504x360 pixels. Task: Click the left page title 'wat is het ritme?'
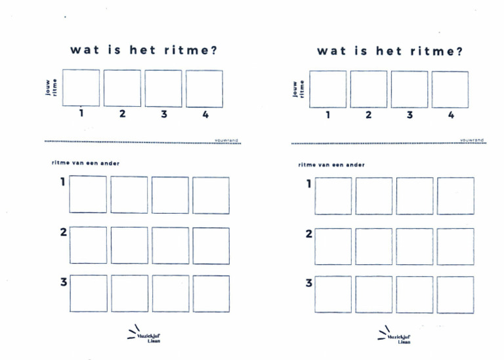[143, 50]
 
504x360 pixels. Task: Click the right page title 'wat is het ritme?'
[390, 51]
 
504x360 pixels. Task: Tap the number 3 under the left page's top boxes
[164, 114]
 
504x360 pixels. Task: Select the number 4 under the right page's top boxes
[451, 115]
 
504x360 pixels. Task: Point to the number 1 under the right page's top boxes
[327, 115]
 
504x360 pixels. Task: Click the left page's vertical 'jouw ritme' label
[51, 88]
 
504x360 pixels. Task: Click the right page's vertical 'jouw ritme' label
[298, 89]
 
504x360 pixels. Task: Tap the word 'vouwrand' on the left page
[226, 140]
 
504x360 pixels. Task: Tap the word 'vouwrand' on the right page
[472, 140]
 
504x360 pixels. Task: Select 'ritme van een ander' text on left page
[86, 163]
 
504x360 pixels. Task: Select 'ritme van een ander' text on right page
[331, 165]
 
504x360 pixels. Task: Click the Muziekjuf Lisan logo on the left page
[144, 334]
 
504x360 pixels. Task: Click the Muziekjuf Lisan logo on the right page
[393, 336]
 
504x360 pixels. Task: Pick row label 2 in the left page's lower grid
[64, 233]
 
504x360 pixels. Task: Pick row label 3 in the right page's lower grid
[309, 284]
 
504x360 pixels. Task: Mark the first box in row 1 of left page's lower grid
[88, 195]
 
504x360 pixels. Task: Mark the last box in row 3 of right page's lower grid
[455, 294]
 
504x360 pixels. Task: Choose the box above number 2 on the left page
[122, 89]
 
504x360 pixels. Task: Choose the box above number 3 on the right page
[409, 89]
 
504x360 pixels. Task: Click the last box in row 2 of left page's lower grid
[211, 245]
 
